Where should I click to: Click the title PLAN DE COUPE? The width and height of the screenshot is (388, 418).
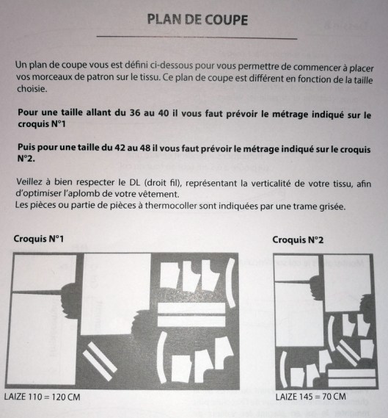point(197,20)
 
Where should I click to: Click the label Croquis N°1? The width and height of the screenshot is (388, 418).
point(39,239)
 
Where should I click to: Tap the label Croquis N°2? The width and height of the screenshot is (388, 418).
point(298,240)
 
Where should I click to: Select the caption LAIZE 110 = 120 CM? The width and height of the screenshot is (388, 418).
point(42,397)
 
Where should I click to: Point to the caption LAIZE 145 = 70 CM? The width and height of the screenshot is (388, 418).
point(311,397)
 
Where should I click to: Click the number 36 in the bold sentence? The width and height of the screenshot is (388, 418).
point(135,112)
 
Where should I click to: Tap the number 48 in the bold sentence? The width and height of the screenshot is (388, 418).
point(145,148)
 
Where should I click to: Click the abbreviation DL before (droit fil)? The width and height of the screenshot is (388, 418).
point(135,182)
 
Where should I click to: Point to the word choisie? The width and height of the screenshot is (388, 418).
point(32,88)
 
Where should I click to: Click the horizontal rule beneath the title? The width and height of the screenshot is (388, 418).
point(197,37)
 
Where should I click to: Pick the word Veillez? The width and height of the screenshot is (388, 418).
point(29,181)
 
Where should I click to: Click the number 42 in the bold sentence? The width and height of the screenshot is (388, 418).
point(120,148)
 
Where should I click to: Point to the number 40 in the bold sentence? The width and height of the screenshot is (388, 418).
point(164,113)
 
